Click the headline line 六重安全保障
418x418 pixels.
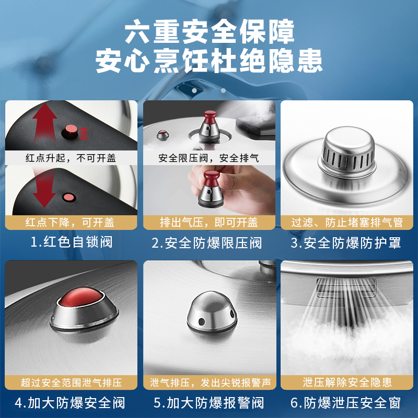point(209,32)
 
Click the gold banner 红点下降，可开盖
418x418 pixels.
point(71,222)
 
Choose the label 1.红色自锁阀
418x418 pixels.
point(71,243)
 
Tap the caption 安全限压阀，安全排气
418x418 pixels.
point(209,158)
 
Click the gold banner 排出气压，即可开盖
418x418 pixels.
point(209,222)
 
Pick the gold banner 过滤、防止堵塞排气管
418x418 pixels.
point(347,222)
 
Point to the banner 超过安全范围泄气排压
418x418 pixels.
point(71,382)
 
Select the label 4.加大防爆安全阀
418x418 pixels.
point(71,403)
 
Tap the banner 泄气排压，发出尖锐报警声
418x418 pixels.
point(209,382)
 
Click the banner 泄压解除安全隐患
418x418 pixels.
point(347,382)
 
